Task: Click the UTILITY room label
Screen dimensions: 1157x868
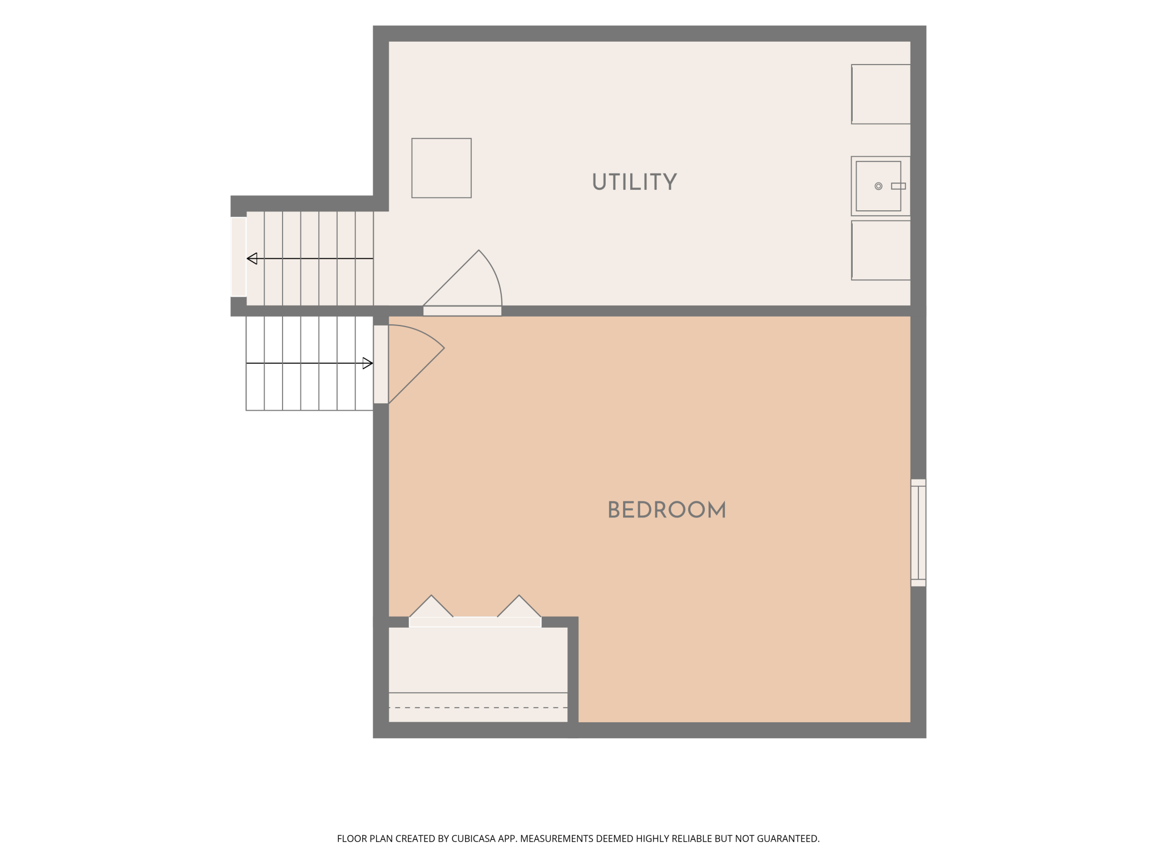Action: (x=634, y=182)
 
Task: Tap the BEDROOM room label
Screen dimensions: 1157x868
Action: (x=666, y=510)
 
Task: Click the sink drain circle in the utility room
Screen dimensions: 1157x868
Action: (x=878, y=186)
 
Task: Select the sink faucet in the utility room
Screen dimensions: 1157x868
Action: (x=898, y=186)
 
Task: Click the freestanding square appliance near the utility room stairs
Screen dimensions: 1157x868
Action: (x=441, y=168)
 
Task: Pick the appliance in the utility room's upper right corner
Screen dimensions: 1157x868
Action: (x=881, y=94)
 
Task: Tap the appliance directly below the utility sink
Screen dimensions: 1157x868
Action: (x=881, y=250)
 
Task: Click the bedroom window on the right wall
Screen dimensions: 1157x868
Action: (x=918, y=532)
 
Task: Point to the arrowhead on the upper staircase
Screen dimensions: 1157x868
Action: (x=252, y=258)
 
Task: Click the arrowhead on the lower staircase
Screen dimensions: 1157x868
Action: (x=368, y=363)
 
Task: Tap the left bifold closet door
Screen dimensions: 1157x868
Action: (x=431, y=606)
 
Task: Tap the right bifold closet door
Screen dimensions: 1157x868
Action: (x=519, y=606)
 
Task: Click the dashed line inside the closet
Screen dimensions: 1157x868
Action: (x=478, y=708)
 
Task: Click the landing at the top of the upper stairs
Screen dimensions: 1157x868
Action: (x=239, y=257)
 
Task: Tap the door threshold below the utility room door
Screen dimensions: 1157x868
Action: (x=462, y=311)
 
